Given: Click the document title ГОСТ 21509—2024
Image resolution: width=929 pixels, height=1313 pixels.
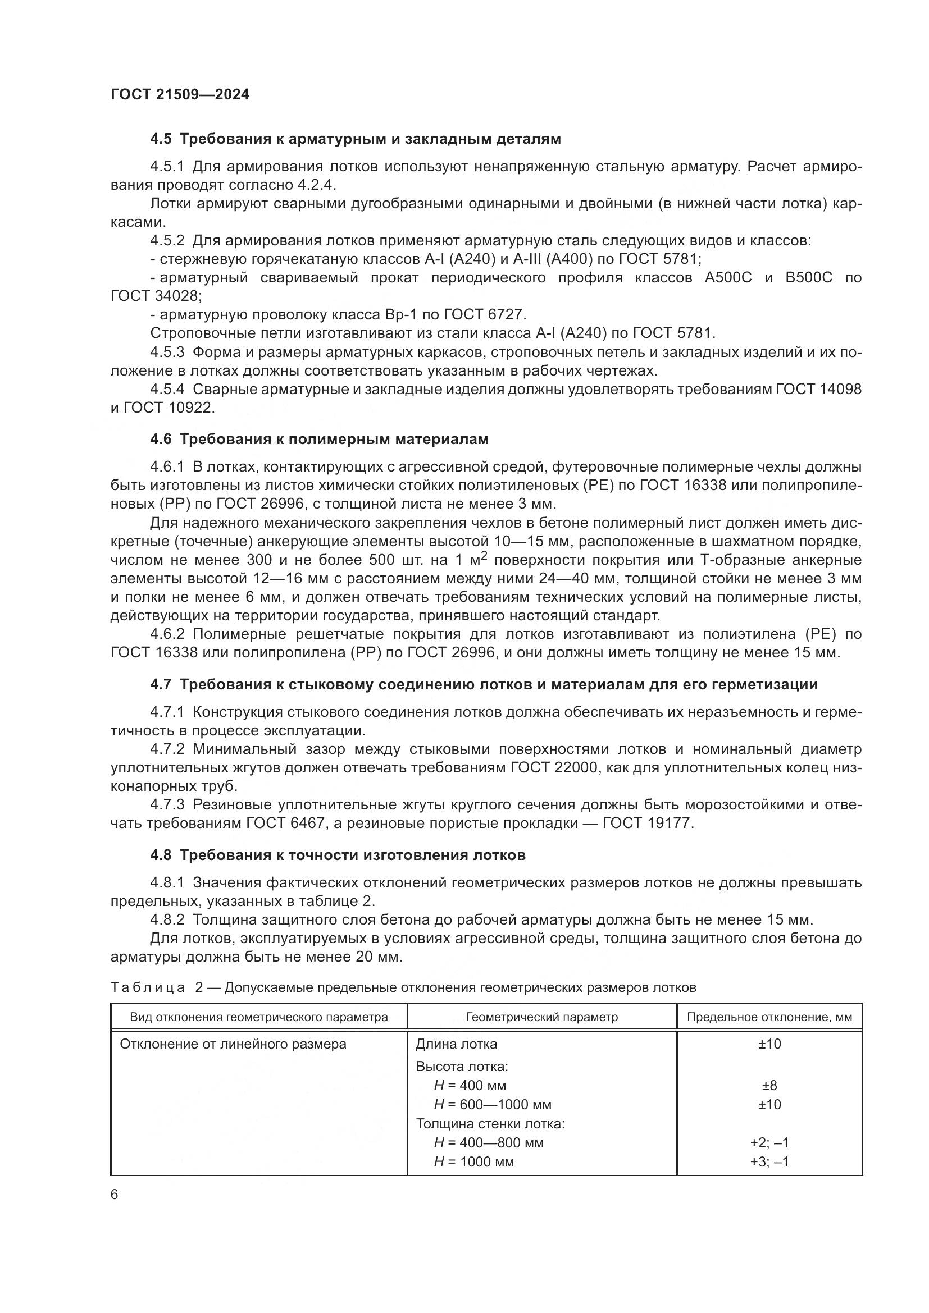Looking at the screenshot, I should (180, 94).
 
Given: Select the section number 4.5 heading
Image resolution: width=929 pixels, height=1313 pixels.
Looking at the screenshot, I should (161, 139).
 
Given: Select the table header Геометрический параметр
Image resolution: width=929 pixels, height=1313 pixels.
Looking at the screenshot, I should (541, 1017).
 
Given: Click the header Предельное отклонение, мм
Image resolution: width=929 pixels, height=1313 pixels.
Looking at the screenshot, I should (769, 1017).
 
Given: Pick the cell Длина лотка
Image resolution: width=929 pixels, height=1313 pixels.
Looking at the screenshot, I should (456, 1044).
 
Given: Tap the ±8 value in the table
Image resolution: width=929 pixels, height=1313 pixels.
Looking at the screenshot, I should (769, 1086).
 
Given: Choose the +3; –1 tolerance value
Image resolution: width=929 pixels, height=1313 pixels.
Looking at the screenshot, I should (769, 1161).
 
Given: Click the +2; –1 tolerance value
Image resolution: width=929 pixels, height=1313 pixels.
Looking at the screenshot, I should (769, 1142).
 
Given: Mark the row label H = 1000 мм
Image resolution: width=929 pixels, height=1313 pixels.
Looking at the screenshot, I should (473, 1161).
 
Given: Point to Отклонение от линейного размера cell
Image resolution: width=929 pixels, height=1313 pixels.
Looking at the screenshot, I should (233, 1044).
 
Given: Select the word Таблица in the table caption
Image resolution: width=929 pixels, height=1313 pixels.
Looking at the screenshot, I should (148, 987).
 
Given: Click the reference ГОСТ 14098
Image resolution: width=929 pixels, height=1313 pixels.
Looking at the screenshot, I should (818, 390).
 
